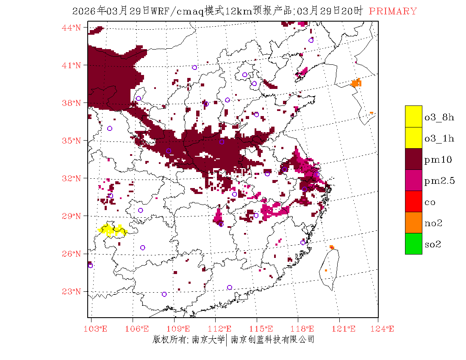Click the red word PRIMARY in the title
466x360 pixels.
click(x=393, y=11)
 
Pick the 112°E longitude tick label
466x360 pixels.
click(x=222, y=329)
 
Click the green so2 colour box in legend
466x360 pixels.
click(x=413, y=244)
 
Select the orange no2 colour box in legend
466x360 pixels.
click(x=413, y=222)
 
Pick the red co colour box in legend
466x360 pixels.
click(x=413, y=201)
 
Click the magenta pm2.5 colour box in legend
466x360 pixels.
click(x=413, y=180)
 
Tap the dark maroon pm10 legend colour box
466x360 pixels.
click(x=413, y=159)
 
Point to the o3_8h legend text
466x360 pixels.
click(x=439, y=117)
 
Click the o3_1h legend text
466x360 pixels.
click(x=439, y=138)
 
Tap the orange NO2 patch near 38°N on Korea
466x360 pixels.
click(x=356, y=83)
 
